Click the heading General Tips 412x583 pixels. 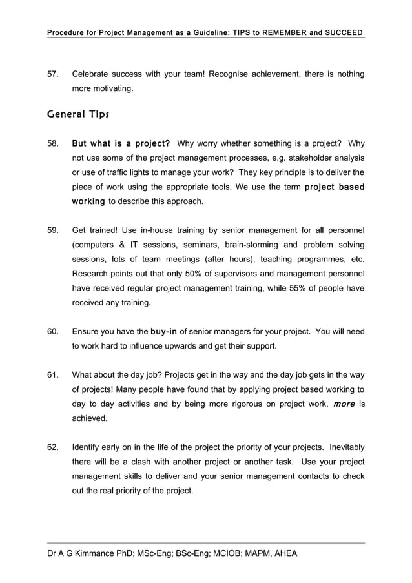pos(78,114)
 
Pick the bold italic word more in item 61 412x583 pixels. pos(344,404)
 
